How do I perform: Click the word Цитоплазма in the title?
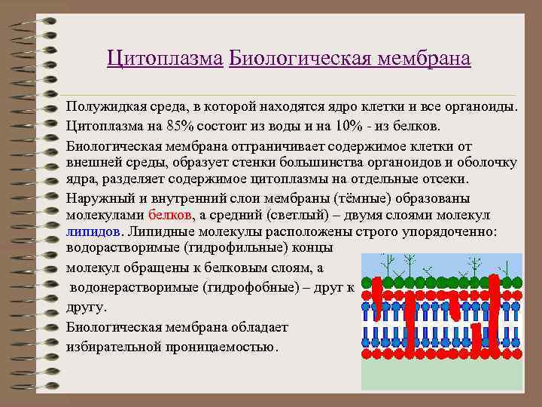point(165,58)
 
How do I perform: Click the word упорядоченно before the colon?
point(442,231)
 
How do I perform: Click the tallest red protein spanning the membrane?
point(494,309)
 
